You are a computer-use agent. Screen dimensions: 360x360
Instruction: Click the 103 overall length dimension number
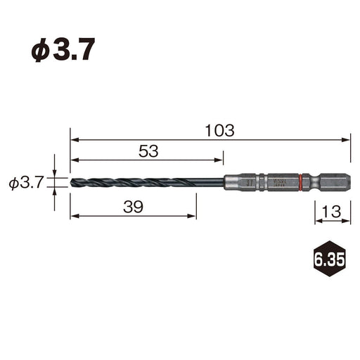[219, 131]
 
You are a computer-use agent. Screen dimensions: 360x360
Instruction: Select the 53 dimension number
[148, 150]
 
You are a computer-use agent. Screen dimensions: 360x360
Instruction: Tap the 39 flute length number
[133, 207]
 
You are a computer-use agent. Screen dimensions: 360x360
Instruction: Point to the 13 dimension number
[332, 210]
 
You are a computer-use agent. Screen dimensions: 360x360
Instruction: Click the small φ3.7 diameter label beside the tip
[27, 184]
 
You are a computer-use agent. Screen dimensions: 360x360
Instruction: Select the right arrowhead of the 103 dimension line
[347, 140]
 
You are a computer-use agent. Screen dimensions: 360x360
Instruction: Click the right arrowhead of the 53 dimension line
[220, 159]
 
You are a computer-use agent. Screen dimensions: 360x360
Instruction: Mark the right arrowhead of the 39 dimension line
[193, 215]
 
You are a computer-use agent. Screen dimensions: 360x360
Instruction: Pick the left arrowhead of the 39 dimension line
[73, 215]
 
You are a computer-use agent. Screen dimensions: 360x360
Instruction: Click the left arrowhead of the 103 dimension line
[73, 140]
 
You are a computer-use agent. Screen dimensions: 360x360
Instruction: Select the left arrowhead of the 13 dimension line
[317, 221]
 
